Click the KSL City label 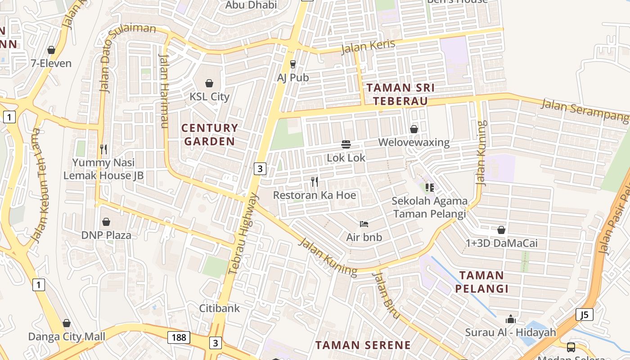pyautogui.click(x=209, y=97)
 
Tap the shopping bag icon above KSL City pyautogui.click(x=209, y=83)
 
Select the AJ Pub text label pyautogui.click(x=293, y=78)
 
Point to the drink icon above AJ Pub pyautogui.click(x=293, y=64)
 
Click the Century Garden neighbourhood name pyautogui.click(x=209, y=135)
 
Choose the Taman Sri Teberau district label pyautogui.click(x=400, y=94)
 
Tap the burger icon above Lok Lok pyautogui.click(x=346, y=144)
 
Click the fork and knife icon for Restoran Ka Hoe pyautogui.click(x=315, y=182)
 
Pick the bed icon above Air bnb pyautogui.click(x=364, y=224)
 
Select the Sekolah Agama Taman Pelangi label pyautogui.click(x=429, y=207)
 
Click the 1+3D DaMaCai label pyautogui.click(x=502, y=243)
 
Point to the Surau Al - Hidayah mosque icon pyautogui.click(x=510, y=319)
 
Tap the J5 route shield pyautogui.click(x=584, y=315)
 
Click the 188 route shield pyautogui.click(x=179, y=337)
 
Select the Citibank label pyautogui.click(x=220, y=309)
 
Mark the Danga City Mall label pyautogui.click(x=67, y=337)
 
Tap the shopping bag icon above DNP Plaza pyautogui.click(x=106, y=222)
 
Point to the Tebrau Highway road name pyautogui.click(x=243, y=234)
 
